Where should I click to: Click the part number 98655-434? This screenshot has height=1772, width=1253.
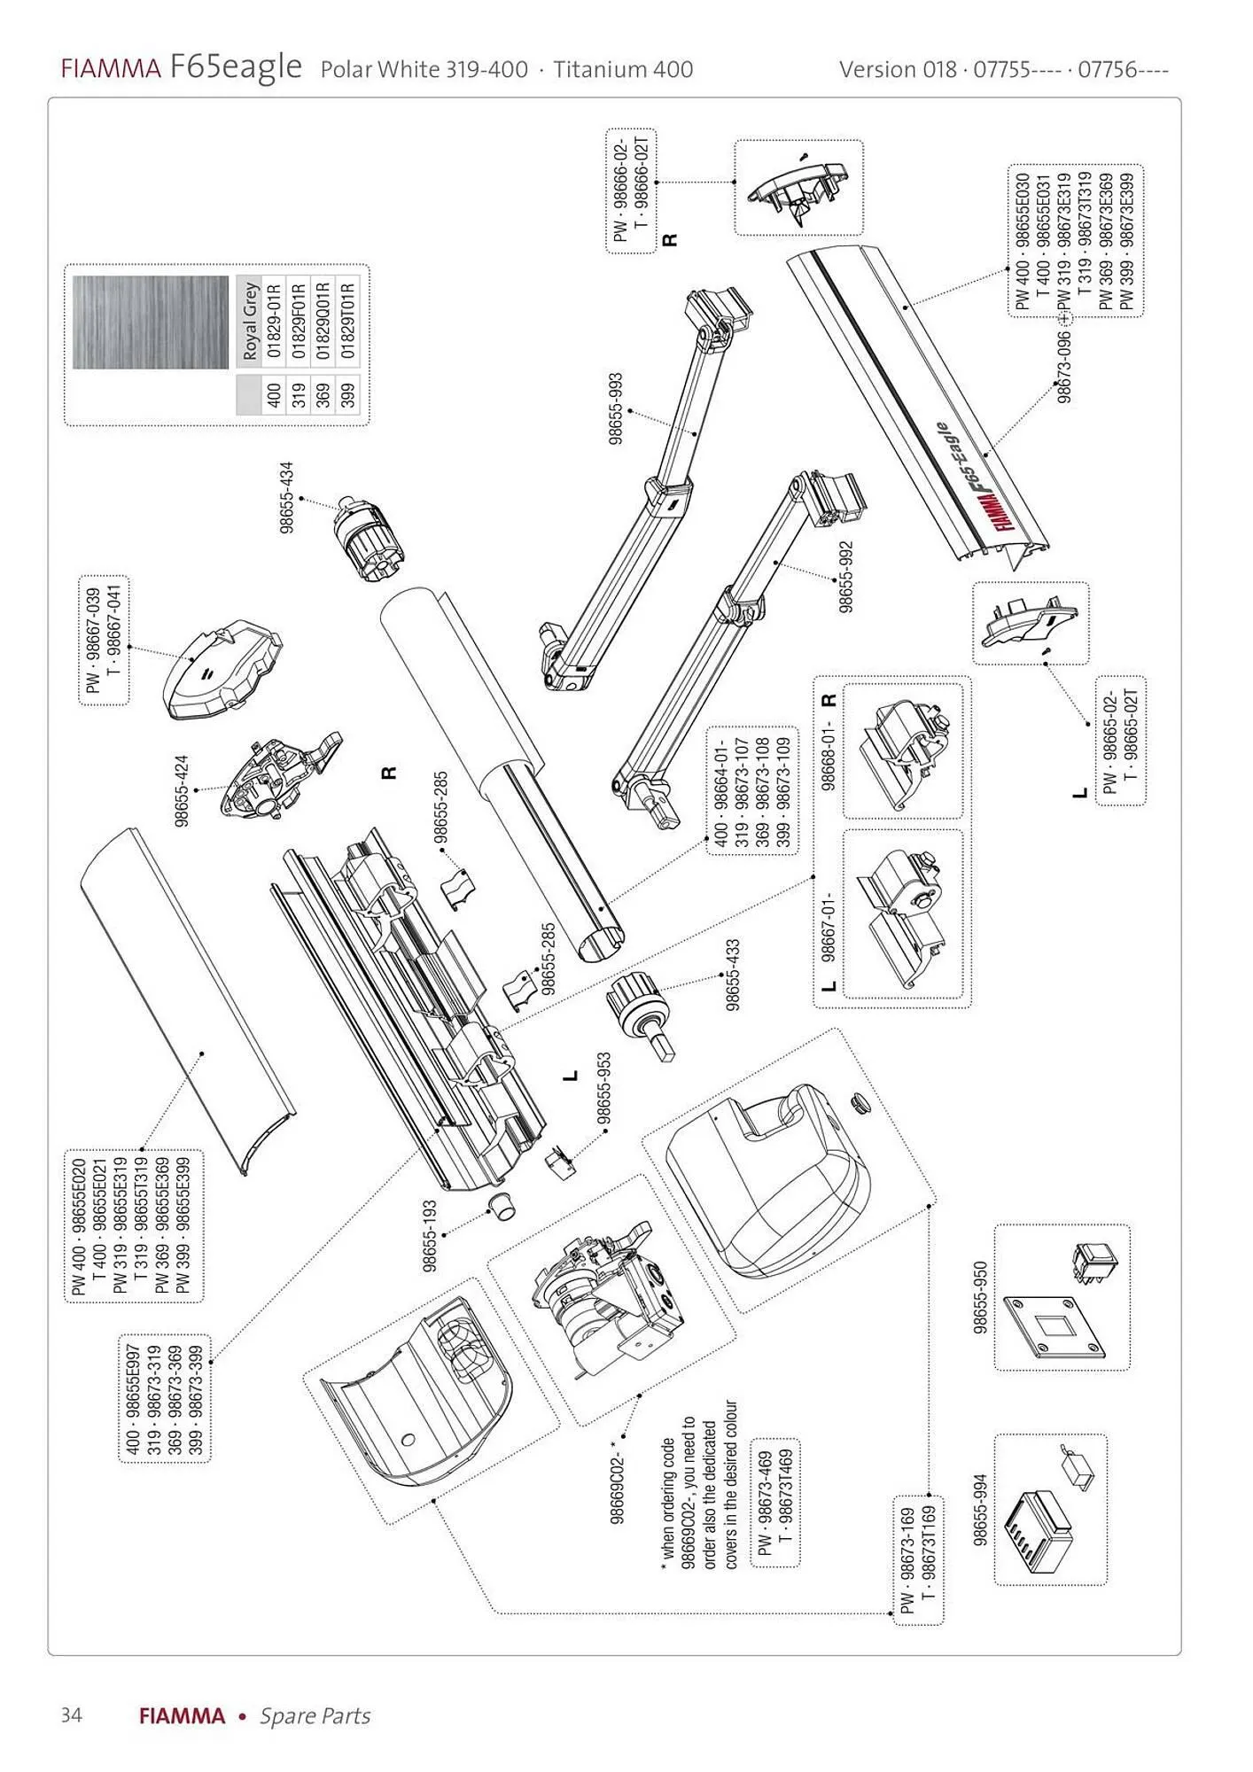(286, 497)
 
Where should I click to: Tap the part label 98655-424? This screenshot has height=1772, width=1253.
(182, 790)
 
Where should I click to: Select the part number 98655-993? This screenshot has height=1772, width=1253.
(616, 408)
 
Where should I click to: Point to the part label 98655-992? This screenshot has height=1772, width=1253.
(845, 577)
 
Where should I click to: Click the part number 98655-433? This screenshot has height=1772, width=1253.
(733, 975)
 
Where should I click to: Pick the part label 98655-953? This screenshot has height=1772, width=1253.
(603, 1088)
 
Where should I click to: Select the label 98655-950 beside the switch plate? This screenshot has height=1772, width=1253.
(980, 1298)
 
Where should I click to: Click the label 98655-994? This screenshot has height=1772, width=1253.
(980, 1511)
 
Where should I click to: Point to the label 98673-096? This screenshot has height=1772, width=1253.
(1064, 365)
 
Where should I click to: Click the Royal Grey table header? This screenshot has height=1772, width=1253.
(250, 321)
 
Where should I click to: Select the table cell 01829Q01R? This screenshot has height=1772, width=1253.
(323, 321)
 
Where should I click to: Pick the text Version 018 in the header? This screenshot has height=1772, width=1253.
(898, 69)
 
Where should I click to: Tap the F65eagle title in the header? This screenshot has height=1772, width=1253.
(236, 66)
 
